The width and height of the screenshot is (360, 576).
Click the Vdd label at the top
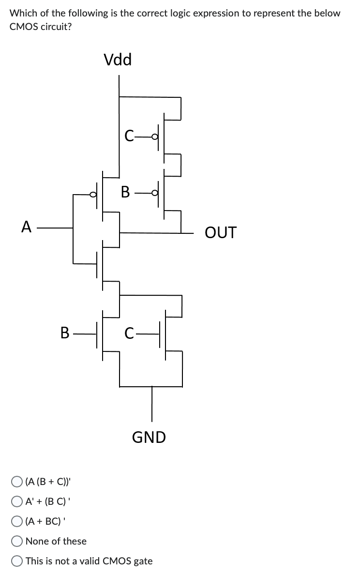(118, 60)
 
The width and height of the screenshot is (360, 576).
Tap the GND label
(149, 438)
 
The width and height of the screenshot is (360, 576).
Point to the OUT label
(221, 233)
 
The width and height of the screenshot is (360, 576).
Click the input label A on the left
(27, 226)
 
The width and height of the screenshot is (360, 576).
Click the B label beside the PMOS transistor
(125, 193)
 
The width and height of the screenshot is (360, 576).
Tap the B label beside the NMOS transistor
(65, 333)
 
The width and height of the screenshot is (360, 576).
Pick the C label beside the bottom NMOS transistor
(129, 333)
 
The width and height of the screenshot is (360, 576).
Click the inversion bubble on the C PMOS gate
(154, 136)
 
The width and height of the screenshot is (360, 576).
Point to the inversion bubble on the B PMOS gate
(154, 193)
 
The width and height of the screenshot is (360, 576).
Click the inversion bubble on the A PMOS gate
(94, 195)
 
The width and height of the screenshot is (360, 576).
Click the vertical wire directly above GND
(152, 404)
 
